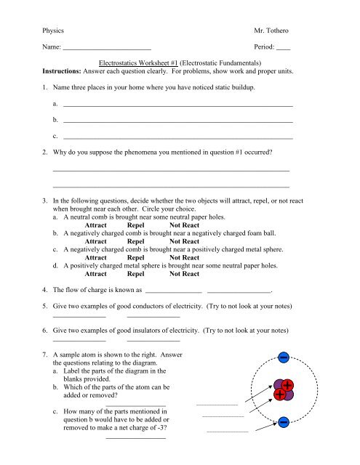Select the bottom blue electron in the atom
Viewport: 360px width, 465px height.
click(x=284, y=422)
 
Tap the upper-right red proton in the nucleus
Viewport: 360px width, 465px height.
click(x=289, y=385)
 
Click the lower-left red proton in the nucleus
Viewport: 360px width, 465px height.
click(x=281, y=395)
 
